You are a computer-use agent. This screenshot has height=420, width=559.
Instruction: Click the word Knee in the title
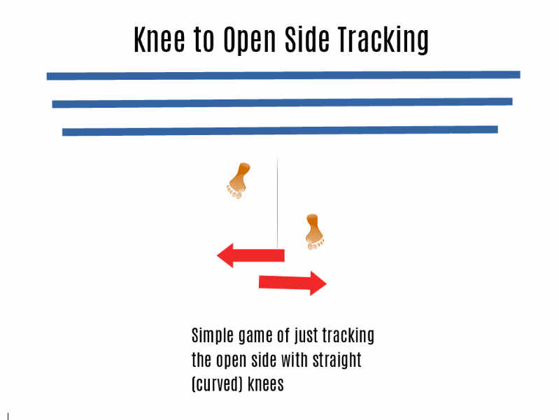(x=160, y=39)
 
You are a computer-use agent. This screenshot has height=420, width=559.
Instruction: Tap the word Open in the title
(x=250, y=41)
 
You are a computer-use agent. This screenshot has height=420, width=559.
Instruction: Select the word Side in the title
(x=306, y=39)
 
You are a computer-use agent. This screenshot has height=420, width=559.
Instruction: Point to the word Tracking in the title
(x=383, y=41)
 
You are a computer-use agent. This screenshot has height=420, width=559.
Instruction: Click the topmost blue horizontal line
(x=283, y=76)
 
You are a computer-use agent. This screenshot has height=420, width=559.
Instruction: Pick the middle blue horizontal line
(x=283, y=103)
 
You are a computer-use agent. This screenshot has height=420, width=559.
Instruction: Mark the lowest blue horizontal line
(x=280, y=131)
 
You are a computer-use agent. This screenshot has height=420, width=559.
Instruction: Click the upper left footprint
(x=238, y=181)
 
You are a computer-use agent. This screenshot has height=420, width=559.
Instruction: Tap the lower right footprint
(x=314, y=232)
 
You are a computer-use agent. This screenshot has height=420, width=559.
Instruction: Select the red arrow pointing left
(x=250, y=255)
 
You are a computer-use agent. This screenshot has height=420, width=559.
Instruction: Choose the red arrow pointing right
(x=292, y=283)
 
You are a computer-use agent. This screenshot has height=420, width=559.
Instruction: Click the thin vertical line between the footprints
(x=277, y=201)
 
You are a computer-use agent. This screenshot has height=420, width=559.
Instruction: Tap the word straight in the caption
(x=337, y=360)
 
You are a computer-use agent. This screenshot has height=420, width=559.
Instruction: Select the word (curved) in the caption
(x=217, y=384)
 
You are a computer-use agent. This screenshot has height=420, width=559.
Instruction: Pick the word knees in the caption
(x=266, y=384)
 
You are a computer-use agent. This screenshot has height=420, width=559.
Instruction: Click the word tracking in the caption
(x=348, y=336)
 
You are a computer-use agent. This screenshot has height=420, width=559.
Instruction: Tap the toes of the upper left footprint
(x=234, y=193)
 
